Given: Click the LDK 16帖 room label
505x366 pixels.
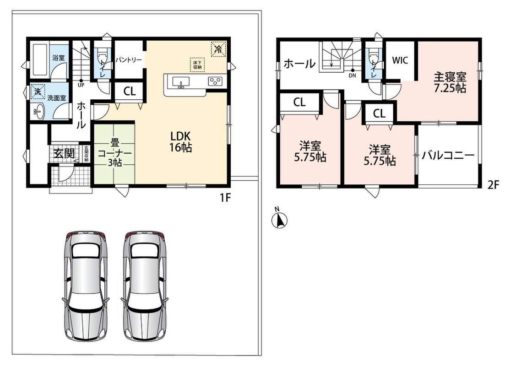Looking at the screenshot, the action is point(181,142).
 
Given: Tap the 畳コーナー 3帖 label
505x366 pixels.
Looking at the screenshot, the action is point(114,152).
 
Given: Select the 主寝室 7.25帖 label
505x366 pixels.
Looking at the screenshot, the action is point(450,82).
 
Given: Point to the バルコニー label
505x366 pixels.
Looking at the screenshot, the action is point(448,156).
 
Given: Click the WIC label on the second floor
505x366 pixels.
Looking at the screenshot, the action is point(400,60).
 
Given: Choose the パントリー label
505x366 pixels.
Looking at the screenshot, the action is point(129,60).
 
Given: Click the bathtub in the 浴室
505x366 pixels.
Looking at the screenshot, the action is point(40,59).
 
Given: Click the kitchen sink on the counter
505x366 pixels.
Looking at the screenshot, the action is point(181,82).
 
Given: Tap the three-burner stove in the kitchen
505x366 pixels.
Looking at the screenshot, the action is point(215,81).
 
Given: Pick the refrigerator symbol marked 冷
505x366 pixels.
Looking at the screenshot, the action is point(218,48).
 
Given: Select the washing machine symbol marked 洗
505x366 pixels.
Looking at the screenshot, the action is point(38,91).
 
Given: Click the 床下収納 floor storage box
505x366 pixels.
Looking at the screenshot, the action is point(197,65).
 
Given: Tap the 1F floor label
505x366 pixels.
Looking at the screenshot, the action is point(225,198).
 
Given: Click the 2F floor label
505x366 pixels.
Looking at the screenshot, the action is point(493,185).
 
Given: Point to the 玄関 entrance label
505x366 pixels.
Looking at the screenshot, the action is point(64,153).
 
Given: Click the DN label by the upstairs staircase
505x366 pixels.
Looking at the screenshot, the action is point(353,76).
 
